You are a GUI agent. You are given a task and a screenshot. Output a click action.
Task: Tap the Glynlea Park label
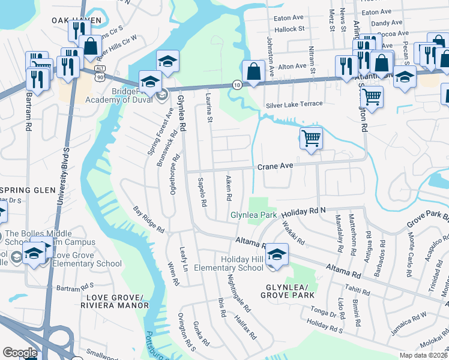[253, 215]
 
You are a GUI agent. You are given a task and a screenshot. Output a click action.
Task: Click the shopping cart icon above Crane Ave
[311, 138]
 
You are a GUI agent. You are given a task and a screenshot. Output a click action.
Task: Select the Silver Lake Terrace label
[294, 104]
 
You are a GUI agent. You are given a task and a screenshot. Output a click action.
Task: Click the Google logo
[20, 353]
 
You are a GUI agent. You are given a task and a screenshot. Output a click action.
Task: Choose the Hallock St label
[290, 29]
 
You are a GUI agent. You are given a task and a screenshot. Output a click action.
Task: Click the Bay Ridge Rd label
[148, 220]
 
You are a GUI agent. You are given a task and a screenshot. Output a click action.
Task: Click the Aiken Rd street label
[228, 188]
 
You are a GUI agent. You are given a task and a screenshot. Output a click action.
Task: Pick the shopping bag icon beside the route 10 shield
[253, 72]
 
